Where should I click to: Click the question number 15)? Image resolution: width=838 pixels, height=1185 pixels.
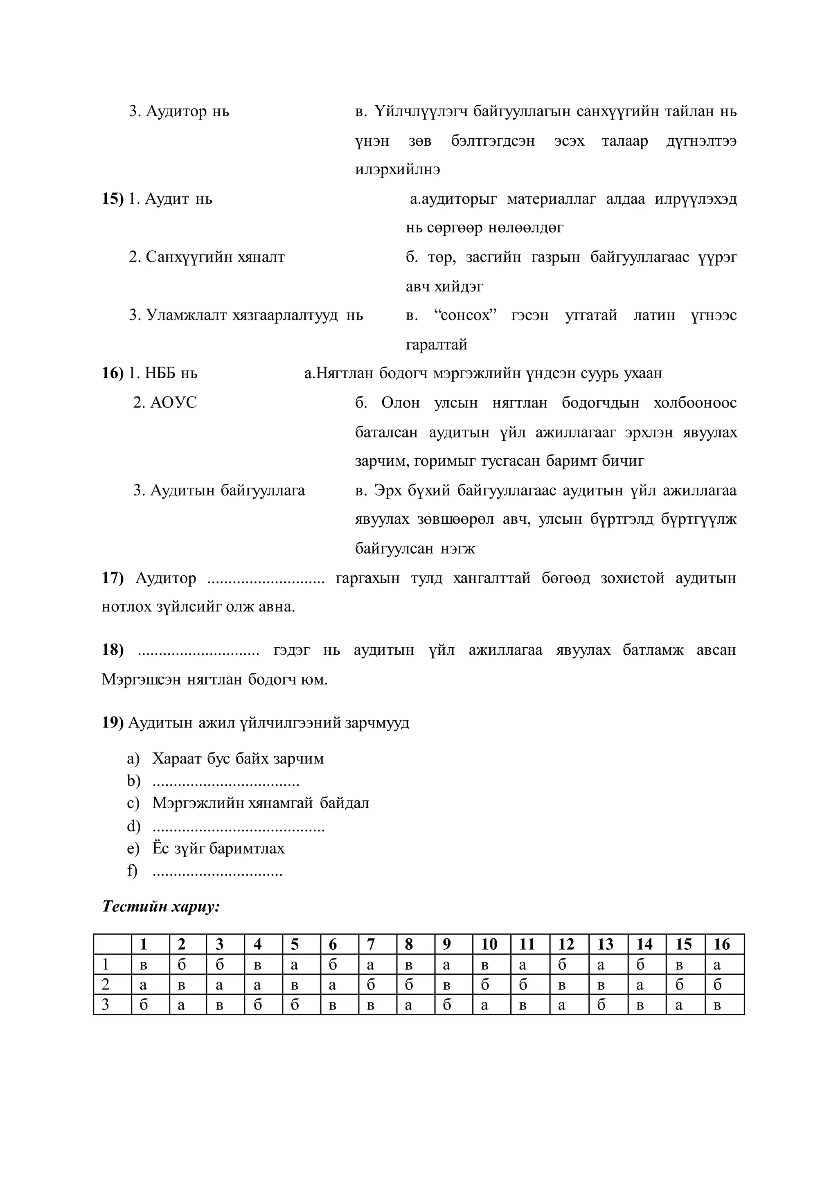113,199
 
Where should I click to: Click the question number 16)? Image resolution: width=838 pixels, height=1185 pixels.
113,373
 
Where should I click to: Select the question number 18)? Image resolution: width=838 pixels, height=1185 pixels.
113,650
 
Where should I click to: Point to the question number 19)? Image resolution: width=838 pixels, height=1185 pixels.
113,723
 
